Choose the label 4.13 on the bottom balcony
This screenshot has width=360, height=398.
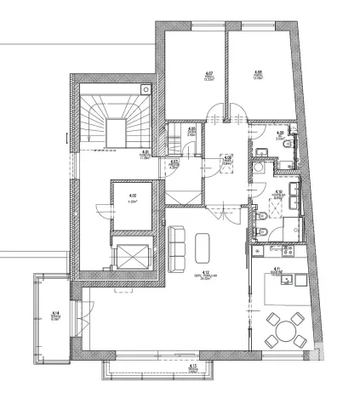click(x=192, y=366)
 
